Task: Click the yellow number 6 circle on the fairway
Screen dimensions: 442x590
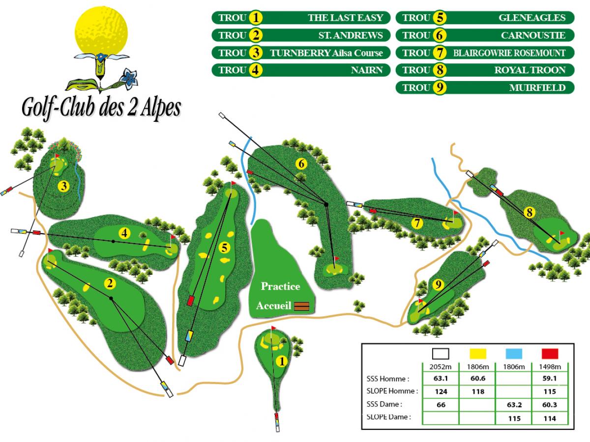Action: [301, 164]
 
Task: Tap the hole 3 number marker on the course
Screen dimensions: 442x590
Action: [63, 186]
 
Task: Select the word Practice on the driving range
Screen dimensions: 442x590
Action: [280, 286]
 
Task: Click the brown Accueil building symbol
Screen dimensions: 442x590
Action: [302, 306]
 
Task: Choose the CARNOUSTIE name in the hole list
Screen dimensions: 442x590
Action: [533, 35]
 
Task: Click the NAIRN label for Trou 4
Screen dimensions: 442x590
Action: [367, 70]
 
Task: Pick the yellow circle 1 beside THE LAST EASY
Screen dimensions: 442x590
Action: [256, 18]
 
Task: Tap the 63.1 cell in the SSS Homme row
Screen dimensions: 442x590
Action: [441, 379]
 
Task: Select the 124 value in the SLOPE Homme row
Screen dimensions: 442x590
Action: [441, 392]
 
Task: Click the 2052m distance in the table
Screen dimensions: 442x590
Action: [441, 366]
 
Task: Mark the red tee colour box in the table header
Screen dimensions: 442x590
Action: [550, 354]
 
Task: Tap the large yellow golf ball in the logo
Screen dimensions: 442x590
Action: [102, 29]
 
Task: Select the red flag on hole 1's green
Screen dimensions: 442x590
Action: [274, 328]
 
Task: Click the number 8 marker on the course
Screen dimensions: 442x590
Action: [529, 213]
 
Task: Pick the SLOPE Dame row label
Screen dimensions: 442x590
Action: [388, 417]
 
